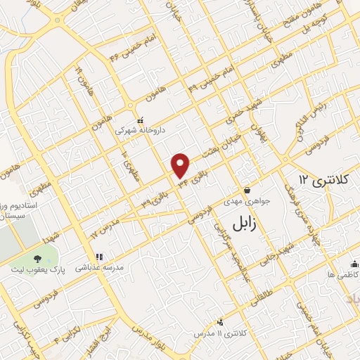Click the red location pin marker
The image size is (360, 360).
(181, 165)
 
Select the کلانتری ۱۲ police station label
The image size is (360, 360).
(323, 181)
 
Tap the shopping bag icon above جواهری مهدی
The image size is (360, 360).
(247, 190)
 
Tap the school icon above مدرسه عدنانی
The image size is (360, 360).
(99, 257)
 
